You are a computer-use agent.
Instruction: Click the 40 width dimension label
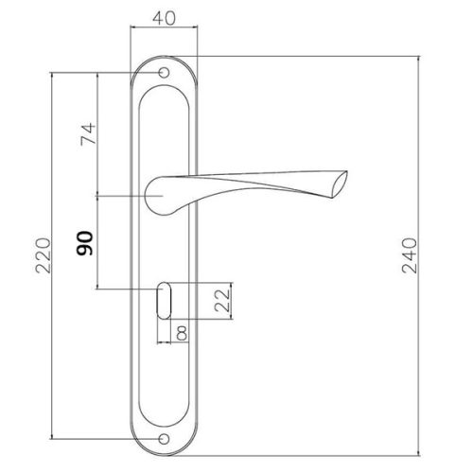click(164, 18)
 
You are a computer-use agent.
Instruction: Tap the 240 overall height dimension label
click(410, 255)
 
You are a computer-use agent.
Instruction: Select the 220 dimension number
click(43, 255)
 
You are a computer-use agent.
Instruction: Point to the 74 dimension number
click(88, 133)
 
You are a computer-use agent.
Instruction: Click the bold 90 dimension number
click(84, 243)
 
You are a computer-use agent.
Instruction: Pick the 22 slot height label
click(222, 300)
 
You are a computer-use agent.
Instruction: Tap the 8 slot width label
click(182, 333)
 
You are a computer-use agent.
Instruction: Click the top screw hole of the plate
click(164, 73)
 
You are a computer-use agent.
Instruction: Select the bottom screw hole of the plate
click(164, 439)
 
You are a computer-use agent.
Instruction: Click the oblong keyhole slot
click(164, 301)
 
